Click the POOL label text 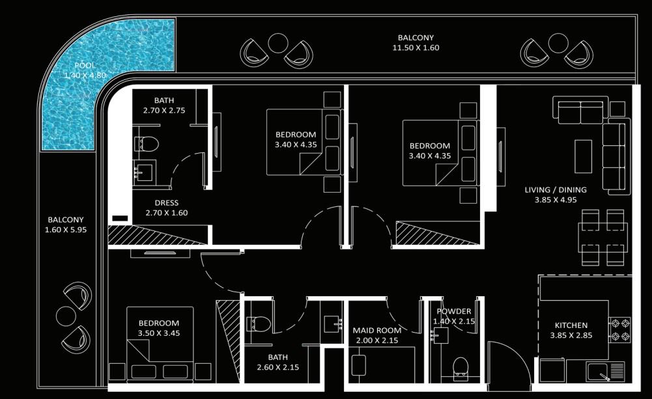tap(85, 65)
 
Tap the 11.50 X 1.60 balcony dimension tap(416, 48)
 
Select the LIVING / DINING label tap(556, 189)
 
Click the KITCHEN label tap(571, 325)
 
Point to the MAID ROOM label tap(376, 331)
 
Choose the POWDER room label tap(453, 311)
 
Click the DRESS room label tap(166, 203)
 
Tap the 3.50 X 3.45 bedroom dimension tap(159, 333)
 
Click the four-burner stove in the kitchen tap(619, 329)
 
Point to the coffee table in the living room tap(583, 156)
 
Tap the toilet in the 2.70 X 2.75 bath tap(147, 144)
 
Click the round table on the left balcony tap(66, 317)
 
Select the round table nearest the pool tap(277, 43)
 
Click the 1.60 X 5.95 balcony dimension tap(66, 230)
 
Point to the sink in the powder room tap(440, 335)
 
